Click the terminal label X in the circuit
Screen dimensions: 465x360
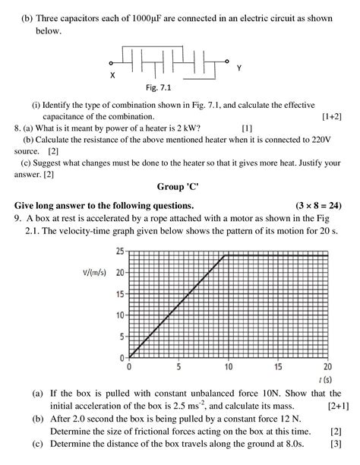click(x=112, y=76)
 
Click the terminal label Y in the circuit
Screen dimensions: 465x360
click(x=238, y=68)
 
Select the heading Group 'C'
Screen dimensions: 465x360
click(x=179, y=187)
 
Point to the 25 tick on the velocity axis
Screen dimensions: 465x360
click(x=120, y=251)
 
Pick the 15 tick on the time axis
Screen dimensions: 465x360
click(x=278, y=366)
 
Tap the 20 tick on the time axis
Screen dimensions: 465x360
click(x=327, y=366)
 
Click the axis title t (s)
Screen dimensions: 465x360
click(x=326, y=378)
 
